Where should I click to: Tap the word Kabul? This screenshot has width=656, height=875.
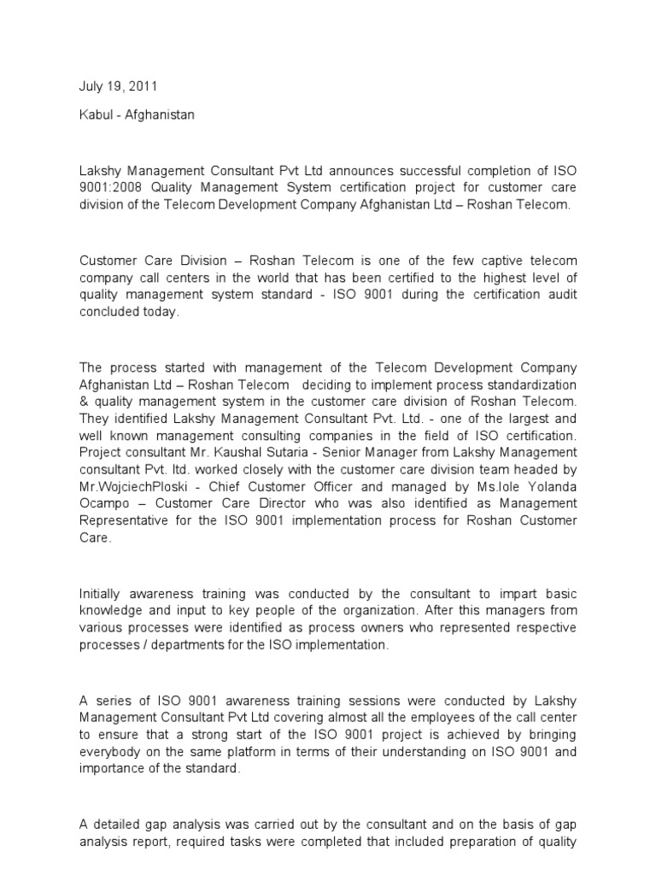[94, 115]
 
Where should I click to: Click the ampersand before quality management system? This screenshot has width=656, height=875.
[84, 401]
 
